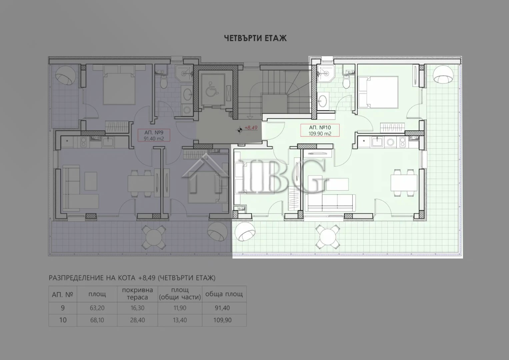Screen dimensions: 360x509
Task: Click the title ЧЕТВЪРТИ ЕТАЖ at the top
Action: click(255, 38)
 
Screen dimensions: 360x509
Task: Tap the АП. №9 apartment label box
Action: click(154, 135)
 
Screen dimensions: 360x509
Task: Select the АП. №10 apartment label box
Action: click(320, 130)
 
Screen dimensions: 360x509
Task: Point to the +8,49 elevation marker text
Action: click(251, 128)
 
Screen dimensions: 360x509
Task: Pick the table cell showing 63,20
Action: click(97, 308)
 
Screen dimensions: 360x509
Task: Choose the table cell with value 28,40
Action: click(137, 320)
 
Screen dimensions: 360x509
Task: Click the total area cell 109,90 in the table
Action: click(222, 320)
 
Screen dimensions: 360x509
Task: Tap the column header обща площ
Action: click(224, 294)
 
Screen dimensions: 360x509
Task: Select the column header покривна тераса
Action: click(137, 294)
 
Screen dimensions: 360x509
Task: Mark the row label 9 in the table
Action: click(63, 308)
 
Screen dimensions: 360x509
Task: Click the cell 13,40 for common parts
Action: click(180, 320)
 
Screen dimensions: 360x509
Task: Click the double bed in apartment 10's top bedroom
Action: click(378, 92)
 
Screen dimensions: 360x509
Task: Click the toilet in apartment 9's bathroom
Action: click(164, 82)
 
